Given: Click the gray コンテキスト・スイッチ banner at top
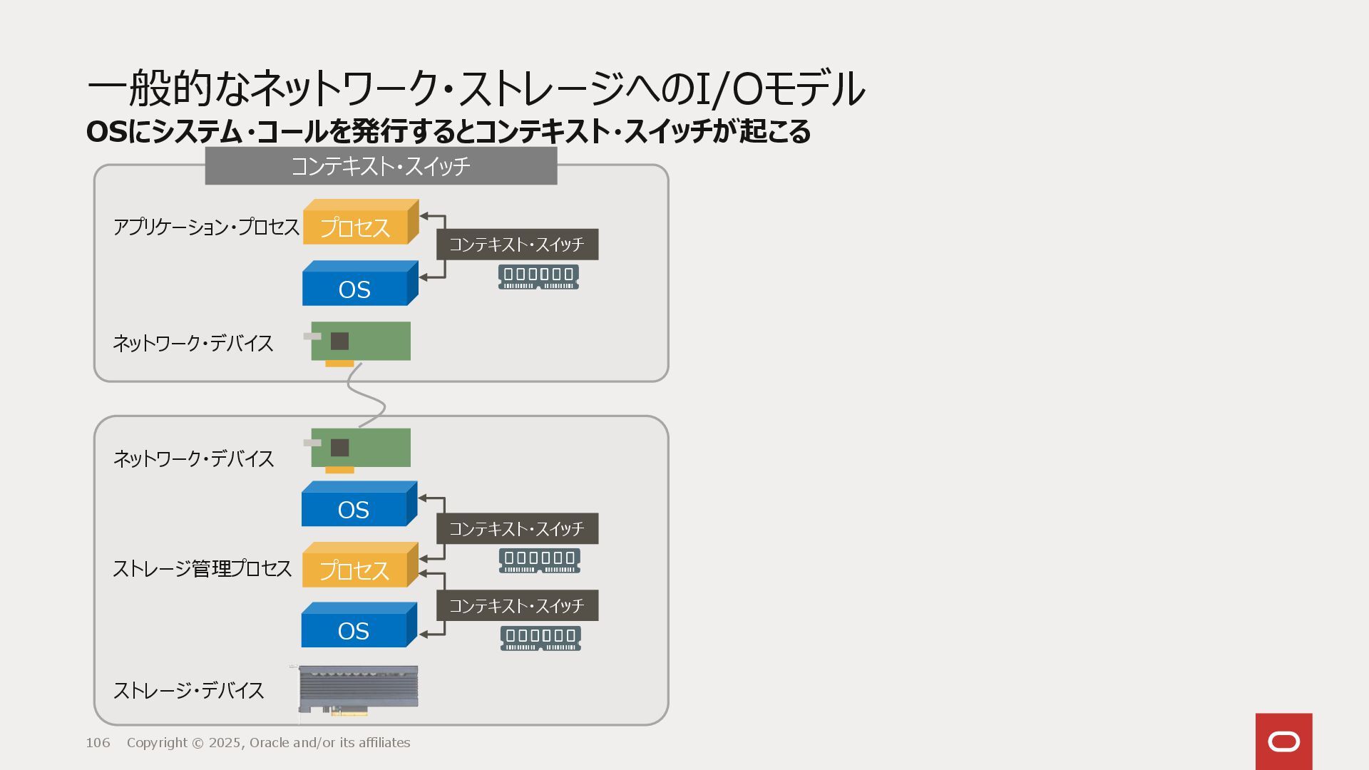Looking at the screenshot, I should point(381,166).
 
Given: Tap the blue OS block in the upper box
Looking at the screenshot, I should point(355,289).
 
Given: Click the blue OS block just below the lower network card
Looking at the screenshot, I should point(354,509).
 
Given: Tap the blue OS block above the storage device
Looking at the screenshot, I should point(354,630).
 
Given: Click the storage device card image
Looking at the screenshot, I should point(358,689).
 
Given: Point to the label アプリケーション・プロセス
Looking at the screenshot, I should point(206,227).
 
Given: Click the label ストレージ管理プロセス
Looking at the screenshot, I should point(202,568).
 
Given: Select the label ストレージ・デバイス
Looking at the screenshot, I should point(189,690).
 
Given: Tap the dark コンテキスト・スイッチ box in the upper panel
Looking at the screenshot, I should point(517,245).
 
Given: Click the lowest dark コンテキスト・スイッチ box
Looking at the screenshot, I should point(517,605).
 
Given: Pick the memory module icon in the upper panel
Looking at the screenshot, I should point(538,277).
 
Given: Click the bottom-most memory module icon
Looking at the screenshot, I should point(540,638).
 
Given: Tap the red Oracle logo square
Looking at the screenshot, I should point(1283,741).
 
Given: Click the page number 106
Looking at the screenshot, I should point(98,743).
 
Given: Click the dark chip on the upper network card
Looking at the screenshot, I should point(340,341).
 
